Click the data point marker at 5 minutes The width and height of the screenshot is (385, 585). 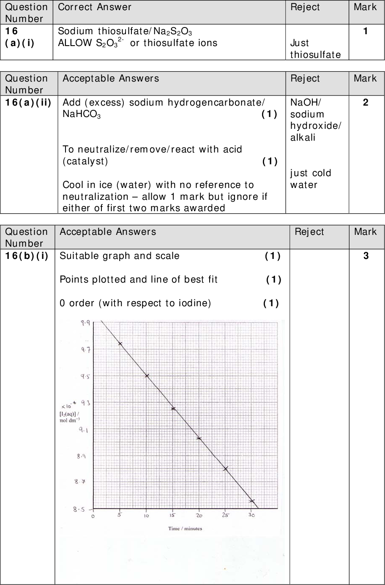tap(120, 344)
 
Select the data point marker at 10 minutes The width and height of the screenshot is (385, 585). tap(147, 375)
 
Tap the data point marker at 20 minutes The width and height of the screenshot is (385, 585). tap(199, 438)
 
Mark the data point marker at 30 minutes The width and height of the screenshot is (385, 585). tap(252, 501)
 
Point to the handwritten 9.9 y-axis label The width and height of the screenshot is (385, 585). tap(85, 323)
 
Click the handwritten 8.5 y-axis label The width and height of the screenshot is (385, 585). tap(79, 509)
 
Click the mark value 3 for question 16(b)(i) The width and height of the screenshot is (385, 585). tap(366, 256)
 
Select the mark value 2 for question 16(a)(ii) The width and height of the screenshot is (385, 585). tap(366, 102)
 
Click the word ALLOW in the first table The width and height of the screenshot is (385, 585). tap(75, 43)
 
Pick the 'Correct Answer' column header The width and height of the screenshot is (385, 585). tap(95, 7)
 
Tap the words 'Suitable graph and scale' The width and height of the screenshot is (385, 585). tap(120, 256)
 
